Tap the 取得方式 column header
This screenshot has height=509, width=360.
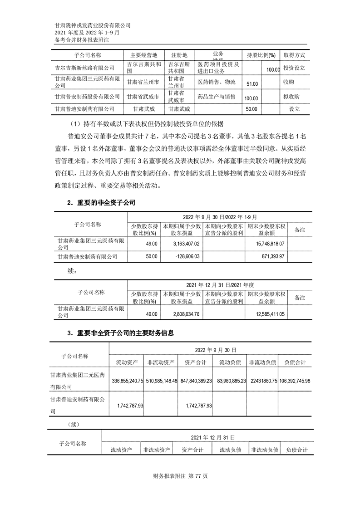(x=294, y=55)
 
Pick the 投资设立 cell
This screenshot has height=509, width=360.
(x=294, y=68)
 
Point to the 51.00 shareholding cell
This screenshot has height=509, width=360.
(x=252, y=84)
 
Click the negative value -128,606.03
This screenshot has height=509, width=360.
(x=185, y=256)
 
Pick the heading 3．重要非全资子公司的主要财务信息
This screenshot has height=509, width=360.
(x=120, y=333)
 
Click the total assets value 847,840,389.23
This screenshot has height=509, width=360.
(x=196, y=381)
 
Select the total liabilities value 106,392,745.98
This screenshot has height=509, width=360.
(x=295, y=381)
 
